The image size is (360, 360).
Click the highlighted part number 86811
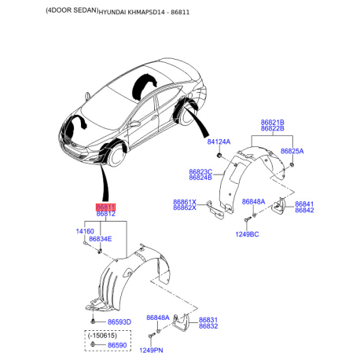[105, 208]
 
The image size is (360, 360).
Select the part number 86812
[105, 214]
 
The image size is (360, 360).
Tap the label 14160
[85, 231]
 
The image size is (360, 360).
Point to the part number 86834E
[101, 239]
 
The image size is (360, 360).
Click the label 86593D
[119, 322]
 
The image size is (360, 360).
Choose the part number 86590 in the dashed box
[117, 345]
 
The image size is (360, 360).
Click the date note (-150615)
[102, 336]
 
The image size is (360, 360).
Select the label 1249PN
[151, 351]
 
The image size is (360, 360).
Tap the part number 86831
[208, 320]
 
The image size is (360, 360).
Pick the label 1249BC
[247, 234]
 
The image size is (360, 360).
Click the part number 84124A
[219, 141]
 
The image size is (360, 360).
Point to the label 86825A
[292, 151]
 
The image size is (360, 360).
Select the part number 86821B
[273, 123]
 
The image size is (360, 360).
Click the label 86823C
[200, 172]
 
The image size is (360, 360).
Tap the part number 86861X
[185, 202]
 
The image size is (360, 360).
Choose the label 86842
[304, 210]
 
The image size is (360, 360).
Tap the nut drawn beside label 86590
[93, 344]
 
